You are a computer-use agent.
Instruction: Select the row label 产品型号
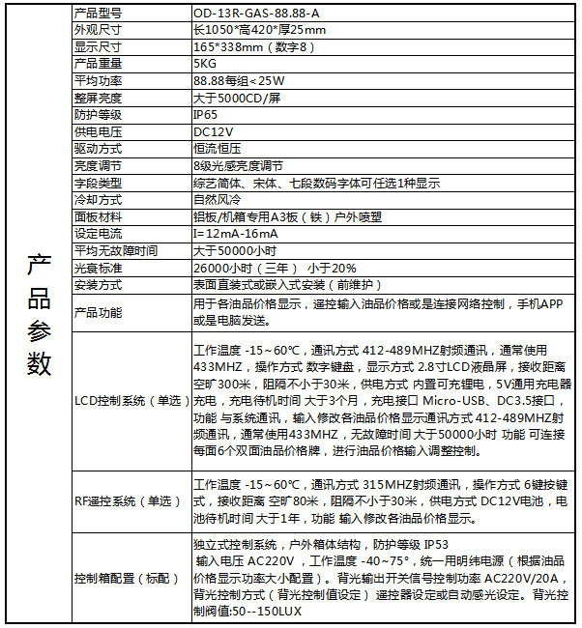click(x=98, y=13)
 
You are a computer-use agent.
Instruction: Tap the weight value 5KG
click(x=204, y=64)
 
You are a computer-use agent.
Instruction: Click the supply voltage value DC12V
click(x=213, y=131)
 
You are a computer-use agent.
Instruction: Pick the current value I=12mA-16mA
click(x=235, y=234)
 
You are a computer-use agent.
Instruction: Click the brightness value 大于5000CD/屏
click(x=237, y=98)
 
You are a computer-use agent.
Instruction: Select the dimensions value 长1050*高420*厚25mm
click(x=259, y=30)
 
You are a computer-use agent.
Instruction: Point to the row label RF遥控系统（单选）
click(x=127, y=500)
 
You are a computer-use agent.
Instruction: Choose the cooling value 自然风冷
click(x=218, y=200)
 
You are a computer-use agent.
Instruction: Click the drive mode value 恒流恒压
click(x=218, y=149)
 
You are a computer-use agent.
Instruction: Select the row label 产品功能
click(x=98, y=312)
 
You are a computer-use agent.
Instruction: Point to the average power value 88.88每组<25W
click(x=239, y=81)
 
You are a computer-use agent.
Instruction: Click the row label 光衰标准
click(x=98, y=268)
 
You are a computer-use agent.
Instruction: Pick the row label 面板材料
click(x=98, y=216)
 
